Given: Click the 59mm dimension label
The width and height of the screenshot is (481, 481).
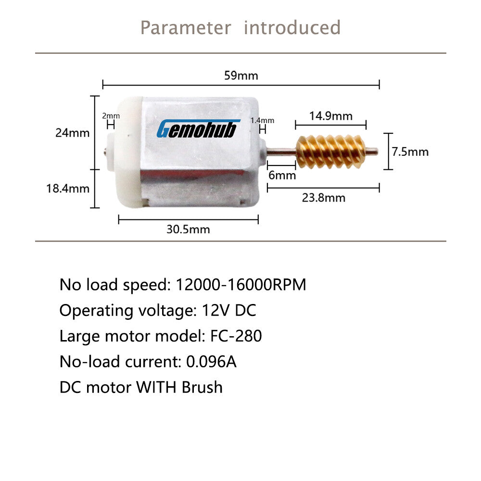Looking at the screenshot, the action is click(x=241, y=76).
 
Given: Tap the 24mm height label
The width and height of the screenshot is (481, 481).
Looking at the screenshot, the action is click(x=73, y=133).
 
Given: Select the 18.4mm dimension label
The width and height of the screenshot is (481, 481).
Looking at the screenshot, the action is click(x=68, y=189).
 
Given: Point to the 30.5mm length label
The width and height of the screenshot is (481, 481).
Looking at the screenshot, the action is click(x=188, y=229).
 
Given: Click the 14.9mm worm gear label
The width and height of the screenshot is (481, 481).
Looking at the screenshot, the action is click(x=331, y=116).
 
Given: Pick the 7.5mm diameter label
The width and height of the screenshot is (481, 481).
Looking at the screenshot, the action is click(x=410, y=152).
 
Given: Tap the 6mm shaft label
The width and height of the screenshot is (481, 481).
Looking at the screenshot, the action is click(x=282, y=175).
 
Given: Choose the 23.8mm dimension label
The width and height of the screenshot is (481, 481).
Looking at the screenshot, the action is click(x=324, y=198).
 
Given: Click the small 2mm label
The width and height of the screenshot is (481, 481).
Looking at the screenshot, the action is click(x=111, y=115).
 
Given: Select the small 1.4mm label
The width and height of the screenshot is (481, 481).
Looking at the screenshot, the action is click(x=262, y=120).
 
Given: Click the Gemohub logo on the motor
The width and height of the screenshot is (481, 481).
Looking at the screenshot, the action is click(x=198, y=128).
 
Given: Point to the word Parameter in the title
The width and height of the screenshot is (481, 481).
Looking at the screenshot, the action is click(x=186, y=27).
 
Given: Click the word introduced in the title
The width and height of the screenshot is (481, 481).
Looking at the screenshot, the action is click(x=292, y=27).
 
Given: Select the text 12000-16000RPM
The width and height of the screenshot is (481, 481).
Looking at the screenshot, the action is click(x=241, y=284).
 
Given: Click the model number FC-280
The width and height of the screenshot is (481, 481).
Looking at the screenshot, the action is click(x=236, y=336).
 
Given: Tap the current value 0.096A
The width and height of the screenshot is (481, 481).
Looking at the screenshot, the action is click(x=211, y=361).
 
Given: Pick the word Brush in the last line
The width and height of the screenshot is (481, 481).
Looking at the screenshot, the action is click(x=202, y=387).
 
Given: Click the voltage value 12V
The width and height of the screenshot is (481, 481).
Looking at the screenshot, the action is click(x=215, y=310).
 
